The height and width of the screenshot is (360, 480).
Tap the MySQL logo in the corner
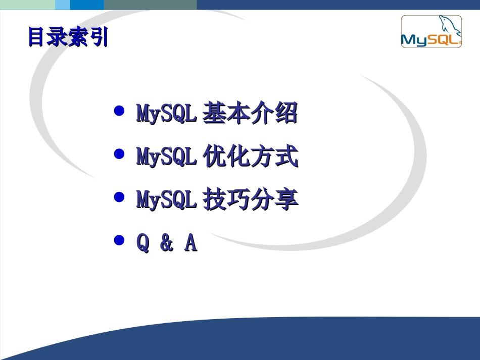(431, 32)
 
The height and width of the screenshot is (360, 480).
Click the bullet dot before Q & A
(120, 240)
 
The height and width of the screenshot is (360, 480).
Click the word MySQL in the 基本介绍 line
(166, 114)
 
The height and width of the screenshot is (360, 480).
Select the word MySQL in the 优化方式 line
(166, 157)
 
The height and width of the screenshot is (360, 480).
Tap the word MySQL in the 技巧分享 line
(166, 200)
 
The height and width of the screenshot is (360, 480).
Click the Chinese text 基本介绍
(250, 114)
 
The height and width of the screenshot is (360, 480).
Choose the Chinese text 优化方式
(250, 157)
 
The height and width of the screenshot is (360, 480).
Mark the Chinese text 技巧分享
(250, 200)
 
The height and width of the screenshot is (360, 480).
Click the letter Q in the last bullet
(143, 244)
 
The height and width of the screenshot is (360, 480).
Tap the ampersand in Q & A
(166, 244)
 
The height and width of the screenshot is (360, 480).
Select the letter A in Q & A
(190, 243)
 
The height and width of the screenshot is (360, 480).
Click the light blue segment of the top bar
(62, 5)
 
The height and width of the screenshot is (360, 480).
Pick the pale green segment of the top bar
(27, 5)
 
